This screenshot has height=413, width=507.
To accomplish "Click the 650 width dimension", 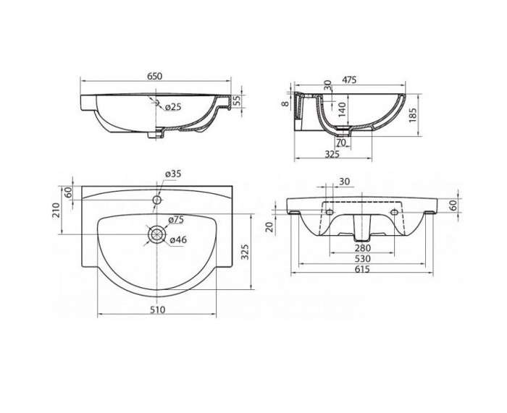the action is pos(154,76).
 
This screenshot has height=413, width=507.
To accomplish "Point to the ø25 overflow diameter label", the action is pos(173,106).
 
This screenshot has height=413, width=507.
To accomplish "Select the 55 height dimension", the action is pos(238,101).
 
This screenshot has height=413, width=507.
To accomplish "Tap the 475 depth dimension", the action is pos(349,80).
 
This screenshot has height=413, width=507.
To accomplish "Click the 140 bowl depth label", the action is pos(342,109).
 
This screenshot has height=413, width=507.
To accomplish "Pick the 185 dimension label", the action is pos(413,115).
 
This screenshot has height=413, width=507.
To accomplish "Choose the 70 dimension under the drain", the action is pos(341,142).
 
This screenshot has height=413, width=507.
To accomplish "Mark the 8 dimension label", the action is pos(285,103).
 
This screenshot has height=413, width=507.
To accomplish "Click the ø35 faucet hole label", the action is pos(173,174).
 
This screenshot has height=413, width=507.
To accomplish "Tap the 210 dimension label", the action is pos(56,210).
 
